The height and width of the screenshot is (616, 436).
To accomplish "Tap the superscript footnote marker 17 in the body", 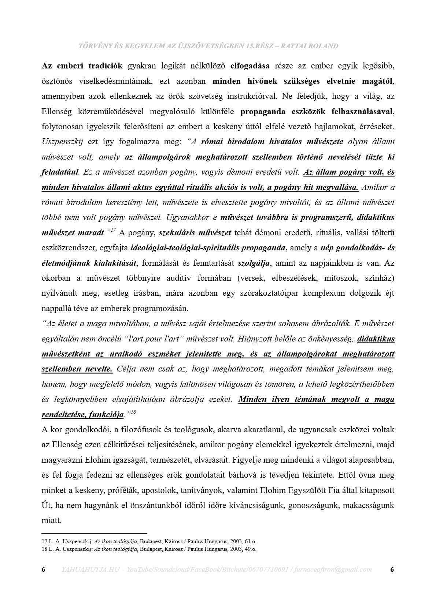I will (x=113, y=230).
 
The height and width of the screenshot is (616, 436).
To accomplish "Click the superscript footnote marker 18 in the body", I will (x=133, y=412).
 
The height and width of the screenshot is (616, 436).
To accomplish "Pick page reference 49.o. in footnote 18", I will (x=250, y=549).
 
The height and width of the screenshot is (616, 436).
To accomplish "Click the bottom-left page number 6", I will (x=44, y=570).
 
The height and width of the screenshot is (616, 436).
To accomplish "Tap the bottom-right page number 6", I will (x=392, y=570).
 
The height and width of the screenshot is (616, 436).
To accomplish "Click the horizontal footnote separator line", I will (x=94, y=534).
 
